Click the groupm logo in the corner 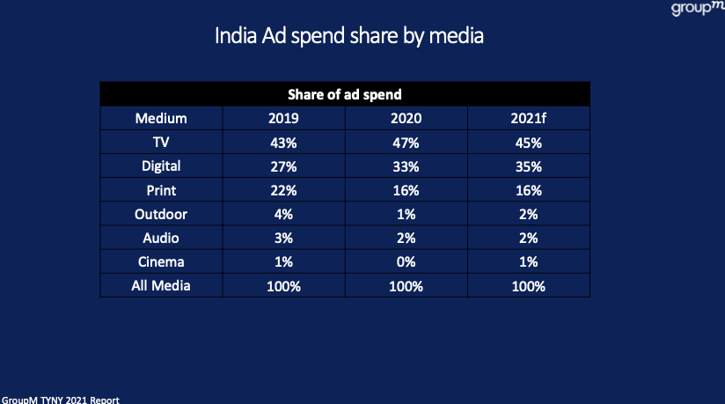[x=696, y=9]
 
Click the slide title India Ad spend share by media [x=349, y=38]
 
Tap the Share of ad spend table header [x=344, y=94]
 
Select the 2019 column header [x=283, y=118]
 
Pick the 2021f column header [x=528, y=118]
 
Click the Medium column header [x=161, y=118]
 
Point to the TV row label [x=161, y=142]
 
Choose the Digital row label [x=161, y=165]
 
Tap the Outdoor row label [x=161, y=214]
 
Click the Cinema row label [x=161, y=262]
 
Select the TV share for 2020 [x=406, y=142]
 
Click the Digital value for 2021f [x=528, y=165]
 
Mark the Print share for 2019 [x=283, y=190]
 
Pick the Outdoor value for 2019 [x=283, y=214]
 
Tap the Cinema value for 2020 [x=406, y=262]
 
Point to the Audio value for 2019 [x=283, y=239]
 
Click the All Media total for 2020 [x=406, y=286]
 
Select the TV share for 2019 [x=283, y=142]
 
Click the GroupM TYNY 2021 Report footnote [x=60, y=399]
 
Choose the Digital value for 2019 [x=283, y=165]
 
